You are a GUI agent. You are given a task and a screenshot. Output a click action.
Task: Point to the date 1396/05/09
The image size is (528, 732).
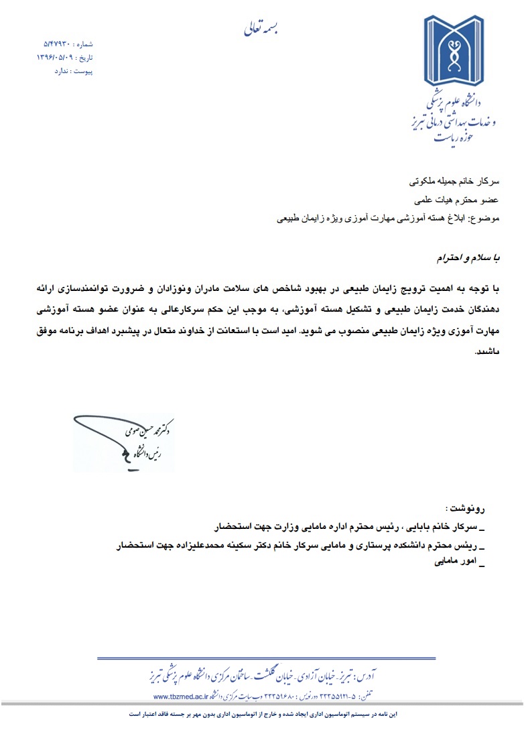click(x=57, y=58)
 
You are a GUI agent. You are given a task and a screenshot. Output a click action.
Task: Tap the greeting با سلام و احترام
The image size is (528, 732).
click(x=463, y=257)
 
